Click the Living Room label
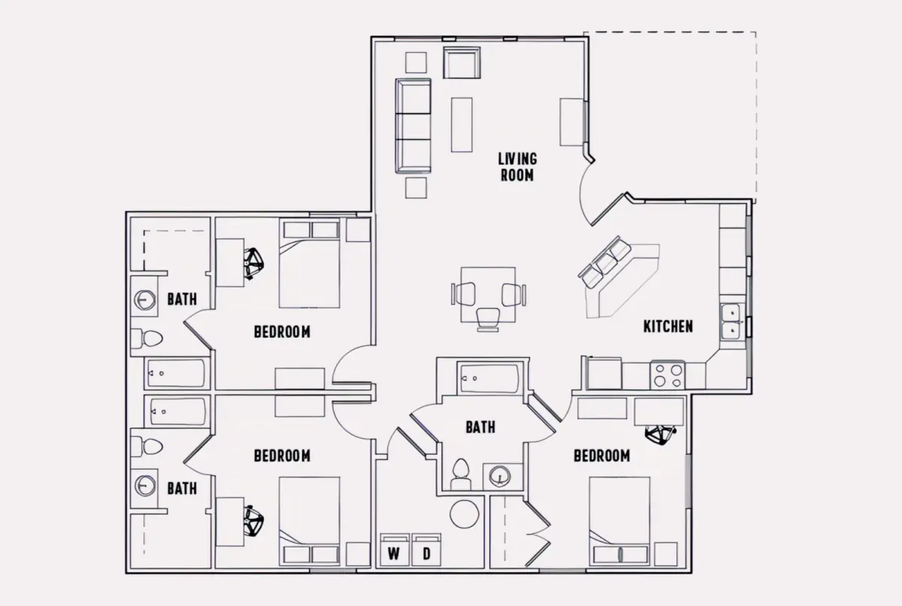[517, 167]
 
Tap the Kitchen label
[668, 326]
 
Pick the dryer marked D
[426, 550]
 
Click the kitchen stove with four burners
[667, 375]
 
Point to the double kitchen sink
[731, 322]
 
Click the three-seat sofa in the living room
[413, 126]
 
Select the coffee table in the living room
[462, 125]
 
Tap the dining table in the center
[488, 295]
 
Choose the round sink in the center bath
[500, 477]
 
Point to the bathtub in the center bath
[490, 378]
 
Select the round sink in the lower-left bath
[144, 486]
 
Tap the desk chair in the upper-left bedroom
[253, 264]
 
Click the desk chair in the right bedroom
[661, 434]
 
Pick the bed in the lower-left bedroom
[309, 521]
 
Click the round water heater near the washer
[465, 514]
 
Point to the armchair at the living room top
[462, 62]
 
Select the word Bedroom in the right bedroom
[601, 456]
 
